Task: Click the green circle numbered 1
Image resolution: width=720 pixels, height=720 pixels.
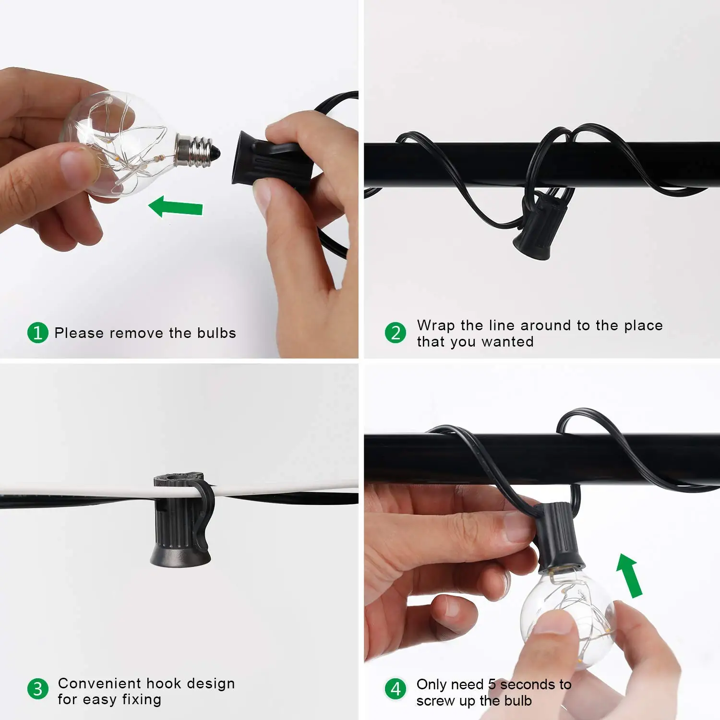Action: tap(38, 333)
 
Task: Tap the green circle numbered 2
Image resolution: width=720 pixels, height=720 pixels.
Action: tap(396, 333)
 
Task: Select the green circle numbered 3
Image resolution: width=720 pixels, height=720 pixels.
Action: tap(38, 689)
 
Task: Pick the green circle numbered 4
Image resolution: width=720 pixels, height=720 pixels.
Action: tap(396, 689)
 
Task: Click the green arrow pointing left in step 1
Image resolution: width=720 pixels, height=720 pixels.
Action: tap(176, 207)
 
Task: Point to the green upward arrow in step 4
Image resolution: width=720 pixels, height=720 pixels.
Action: tap(630, 576)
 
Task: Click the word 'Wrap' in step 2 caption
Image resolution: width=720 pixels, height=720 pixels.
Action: tap(436, 326)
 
